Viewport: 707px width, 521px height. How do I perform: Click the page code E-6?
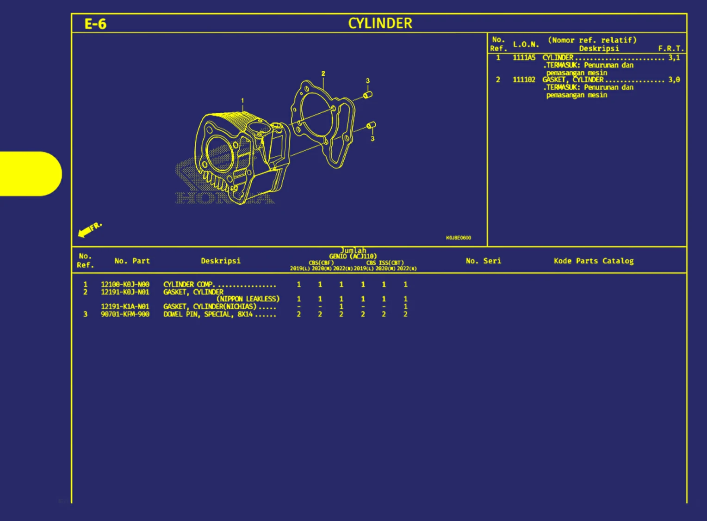click(x=95, y=24)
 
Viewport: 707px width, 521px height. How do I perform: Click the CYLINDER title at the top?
click(x=380, y=23)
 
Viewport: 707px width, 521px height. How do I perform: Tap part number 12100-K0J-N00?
click(x=125, y=284)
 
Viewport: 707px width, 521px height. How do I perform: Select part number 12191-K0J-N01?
click(x=125, y=292)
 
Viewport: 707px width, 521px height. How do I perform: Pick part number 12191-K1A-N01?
click(x=125, y=306)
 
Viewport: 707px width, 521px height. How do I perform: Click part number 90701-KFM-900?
click(x=125, y=314)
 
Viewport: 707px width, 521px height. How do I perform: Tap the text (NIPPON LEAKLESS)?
click(x=248, y=299)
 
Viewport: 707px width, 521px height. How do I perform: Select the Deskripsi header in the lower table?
click(x=221, y=261)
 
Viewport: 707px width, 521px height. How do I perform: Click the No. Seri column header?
click(x=483, y=261)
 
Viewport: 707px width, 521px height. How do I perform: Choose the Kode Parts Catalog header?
click(x=594, y=261)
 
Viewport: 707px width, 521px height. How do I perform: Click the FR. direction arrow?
click(x=89, y=229)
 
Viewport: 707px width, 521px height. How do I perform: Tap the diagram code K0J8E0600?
click(x=458, y=238)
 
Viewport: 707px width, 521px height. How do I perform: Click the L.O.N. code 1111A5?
click(x=524, y=57)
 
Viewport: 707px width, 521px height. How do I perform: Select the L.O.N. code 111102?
click(x=524, y=80)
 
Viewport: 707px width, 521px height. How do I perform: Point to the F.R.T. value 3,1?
click(x=674, y=57)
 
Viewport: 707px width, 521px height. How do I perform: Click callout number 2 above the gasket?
click(x=323, y=74)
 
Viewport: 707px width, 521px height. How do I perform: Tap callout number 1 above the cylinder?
click(x=242, y=100)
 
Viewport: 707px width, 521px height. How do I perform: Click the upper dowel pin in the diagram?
click(x=368, y=95)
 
